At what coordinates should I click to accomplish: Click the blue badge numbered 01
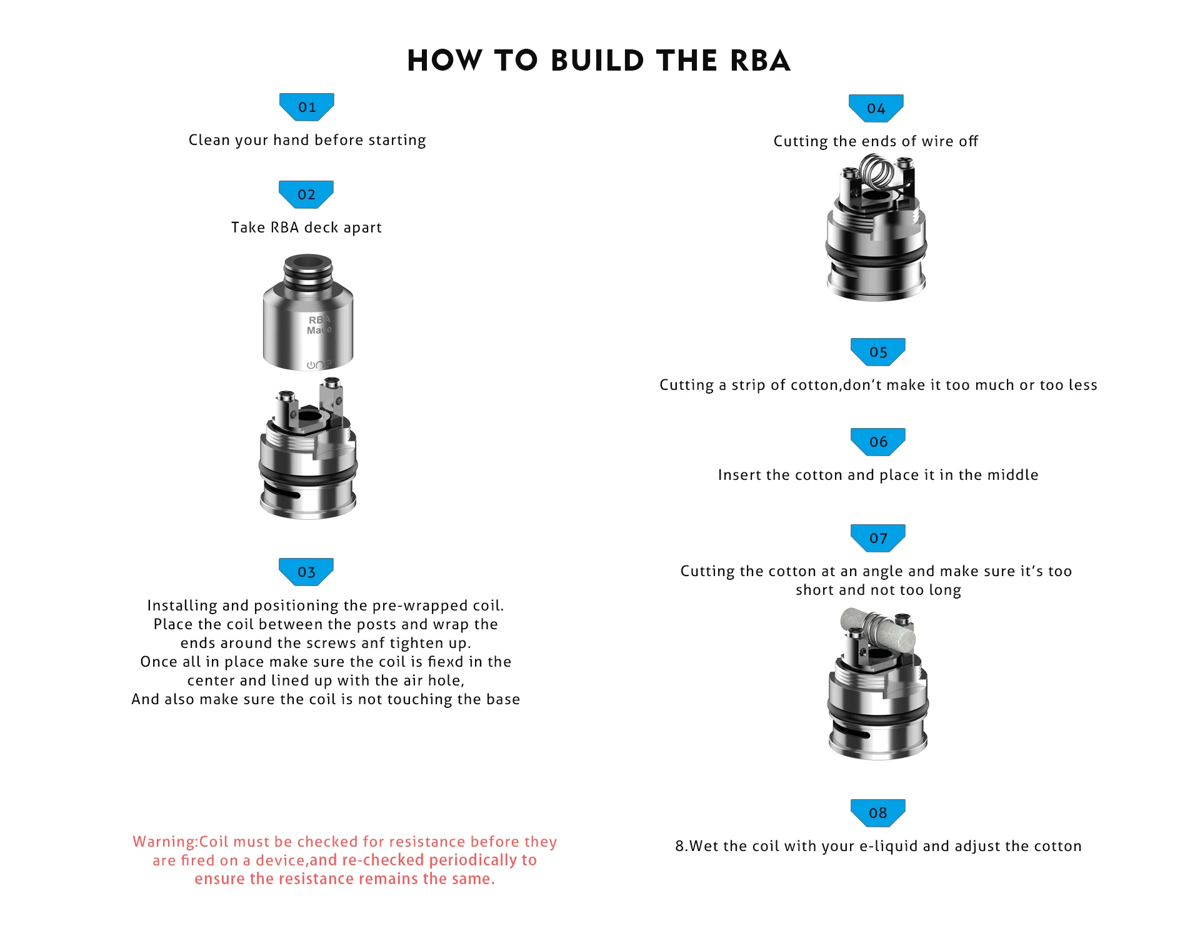306,107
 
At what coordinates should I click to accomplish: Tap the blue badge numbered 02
306,194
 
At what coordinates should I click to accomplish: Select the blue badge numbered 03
306,572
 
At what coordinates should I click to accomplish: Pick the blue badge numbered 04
876,109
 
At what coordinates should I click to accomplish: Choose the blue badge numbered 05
878,352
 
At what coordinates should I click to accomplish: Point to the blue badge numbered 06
878,442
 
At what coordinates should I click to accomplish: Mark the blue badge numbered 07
878,538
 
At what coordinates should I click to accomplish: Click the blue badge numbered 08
878,813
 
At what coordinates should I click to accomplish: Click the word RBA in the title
760,61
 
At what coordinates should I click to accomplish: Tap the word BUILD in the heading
597,61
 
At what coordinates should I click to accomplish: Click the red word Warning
164,842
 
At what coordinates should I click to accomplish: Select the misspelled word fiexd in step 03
445,662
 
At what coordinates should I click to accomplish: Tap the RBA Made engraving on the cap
319,325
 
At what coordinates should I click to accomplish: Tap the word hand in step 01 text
291,140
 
